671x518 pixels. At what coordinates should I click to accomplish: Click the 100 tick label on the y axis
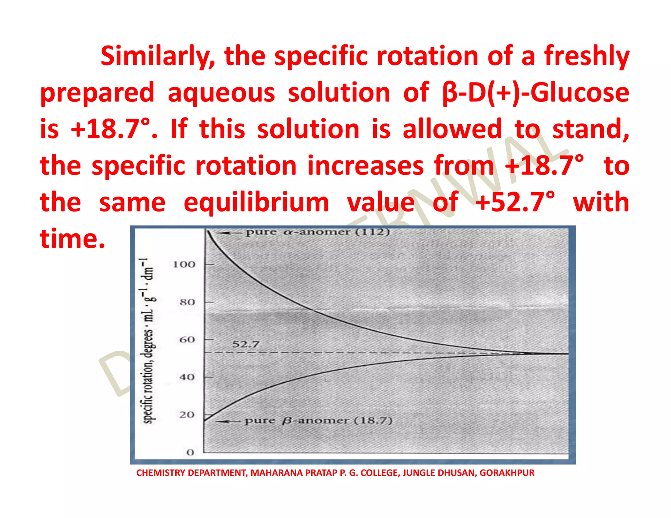tap(184, 264)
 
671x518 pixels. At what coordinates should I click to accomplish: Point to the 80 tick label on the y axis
tap(187, 302)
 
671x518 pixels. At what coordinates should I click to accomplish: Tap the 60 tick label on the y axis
tap(187, 340)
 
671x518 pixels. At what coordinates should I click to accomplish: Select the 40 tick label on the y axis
tap(187, 377)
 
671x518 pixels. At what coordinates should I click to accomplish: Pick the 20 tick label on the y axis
tap(187, 415)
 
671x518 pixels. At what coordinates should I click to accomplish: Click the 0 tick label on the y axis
tap(190, 453)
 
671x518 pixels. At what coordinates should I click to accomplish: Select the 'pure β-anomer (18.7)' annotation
tap(318, 420)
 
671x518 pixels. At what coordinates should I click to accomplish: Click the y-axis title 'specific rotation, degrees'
tap(148, 341)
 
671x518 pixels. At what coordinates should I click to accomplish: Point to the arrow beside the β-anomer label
tap(228, 421)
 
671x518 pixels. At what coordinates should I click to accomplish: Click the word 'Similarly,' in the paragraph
tap(158, 56)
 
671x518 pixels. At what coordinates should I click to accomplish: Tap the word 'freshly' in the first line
tap(586, 56)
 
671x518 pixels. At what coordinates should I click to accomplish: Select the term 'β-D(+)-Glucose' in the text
tap(535, 93)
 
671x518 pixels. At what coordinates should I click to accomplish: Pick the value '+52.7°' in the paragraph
tap(515, 202)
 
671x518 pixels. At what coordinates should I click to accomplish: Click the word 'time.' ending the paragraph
tap(72, 239)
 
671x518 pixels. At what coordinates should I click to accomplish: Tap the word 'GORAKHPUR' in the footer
tap(507, 473)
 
